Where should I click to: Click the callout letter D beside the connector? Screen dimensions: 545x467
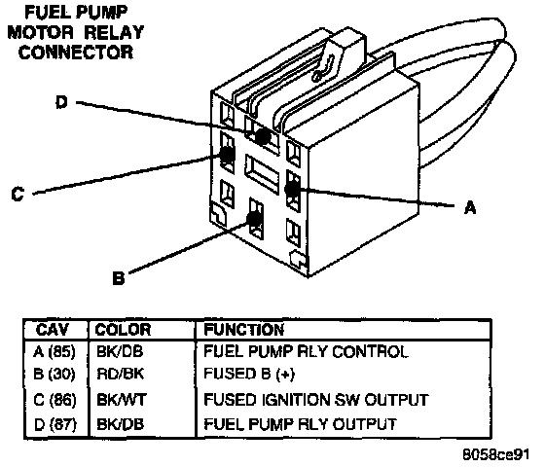coord(61,102)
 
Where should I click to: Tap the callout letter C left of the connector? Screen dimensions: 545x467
coord(18,194)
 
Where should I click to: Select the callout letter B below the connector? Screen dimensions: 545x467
coord(119,278)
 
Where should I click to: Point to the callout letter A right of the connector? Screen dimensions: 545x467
coord(470,207)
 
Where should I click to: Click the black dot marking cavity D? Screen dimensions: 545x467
coord(263,136)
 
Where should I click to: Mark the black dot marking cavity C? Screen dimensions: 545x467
coord(228,154)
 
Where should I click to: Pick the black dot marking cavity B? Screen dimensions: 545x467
coord(254,219)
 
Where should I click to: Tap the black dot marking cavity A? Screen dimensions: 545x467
coord(292,189)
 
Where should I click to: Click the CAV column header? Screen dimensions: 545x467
coord(53,330)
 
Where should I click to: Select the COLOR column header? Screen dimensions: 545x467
coord(123,330)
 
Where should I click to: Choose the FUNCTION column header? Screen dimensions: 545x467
coord(243,330)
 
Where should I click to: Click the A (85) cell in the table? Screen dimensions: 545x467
coord(54,352)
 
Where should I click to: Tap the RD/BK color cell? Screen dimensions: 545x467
coord(121,374)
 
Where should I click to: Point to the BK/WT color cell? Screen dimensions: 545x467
coord(122,400)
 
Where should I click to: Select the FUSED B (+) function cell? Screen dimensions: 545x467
coord(249,375)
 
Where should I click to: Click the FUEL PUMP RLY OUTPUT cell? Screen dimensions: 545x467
coord(300,424)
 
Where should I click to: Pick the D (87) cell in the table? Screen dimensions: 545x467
coord(54,424)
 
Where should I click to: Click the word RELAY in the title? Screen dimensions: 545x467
coord(114,32)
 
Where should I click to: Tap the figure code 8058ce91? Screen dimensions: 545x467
coord(496,454)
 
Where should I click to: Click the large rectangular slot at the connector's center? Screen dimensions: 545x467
coord(262,174)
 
